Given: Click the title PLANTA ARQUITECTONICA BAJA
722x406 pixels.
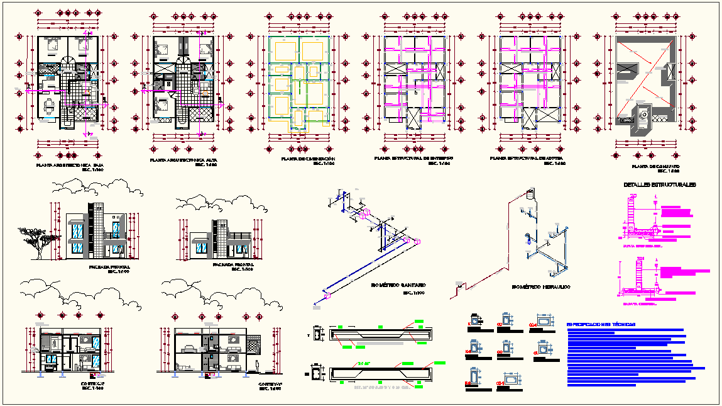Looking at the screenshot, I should (x=70, y=166).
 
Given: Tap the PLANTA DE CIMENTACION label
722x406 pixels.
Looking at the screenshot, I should (x=308, y=159).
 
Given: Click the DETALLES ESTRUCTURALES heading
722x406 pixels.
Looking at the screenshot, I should (x=659, y=185).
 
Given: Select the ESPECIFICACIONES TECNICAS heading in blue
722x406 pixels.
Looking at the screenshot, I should (x=601, y=324).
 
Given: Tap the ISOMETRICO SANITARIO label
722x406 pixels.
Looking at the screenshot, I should (x=398, y=285).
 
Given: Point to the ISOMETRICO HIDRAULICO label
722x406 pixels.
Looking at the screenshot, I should (x=541, y=286).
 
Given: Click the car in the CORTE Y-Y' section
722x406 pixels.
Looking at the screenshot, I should (x=187, y=347).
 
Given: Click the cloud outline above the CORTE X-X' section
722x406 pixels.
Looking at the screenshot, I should (x=69, y=291).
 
